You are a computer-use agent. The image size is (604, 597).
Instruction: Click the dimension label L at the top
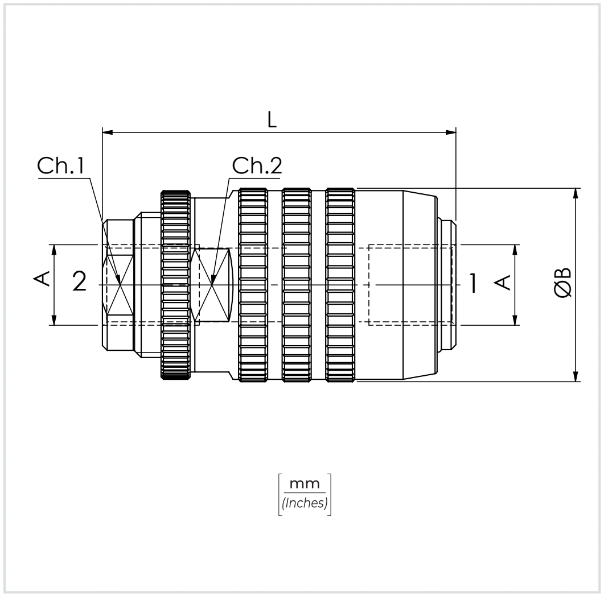coord(272,120)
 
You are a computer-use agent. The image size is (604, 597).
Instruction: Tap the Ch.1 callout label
coord(61,166)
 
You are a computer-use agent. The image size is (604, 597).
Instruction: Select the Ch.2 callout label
coord(257,165)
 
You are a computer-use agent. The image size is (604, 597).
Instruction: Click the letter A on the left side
coord(43,279)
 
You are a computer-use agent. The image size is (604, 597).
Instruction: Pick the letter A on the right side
coord(502,283)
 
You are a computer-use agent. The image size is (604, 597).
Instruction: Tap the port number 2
coord(79,281)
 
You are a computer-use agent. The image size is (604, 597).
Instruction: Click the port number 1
coord(474,283)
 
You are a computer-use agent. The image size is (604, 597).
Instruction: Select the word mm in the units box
coord(305,483)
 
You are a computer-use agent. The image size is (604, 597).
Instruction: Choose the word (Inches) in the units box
coord(305,503)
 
